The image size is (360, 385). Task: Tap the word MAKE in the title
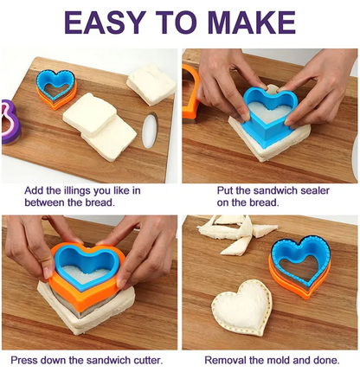click(x=252, y=22)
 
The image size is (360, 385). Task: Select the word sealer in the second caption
click(x=315, y=190)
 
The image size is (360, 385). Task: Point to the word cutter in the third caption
click(x=148, y=360)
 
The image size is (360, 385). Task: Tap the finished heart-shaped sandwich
click(x=241, y=308)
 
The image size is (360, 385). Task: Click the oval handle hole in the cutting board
click(x=150, y=131)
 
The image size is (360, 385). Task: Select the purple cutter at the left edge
click(x=10, y=122)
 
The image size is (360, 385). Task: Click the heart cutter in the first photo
click(x=56, y=88)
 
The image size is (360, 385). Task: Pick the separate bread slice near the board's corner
click(x=151, y=85)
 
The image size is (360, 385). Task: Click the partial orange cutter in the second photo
click(x=190, y=93)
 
